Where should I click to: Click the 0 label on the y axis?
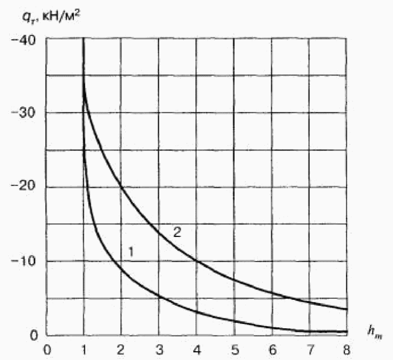click(33, 336)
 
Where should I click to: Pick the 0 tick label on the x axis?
click(48, 350)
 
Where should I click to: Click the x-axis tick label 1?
click(84, 350)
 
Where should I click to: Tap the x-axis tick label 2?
click(120, 350)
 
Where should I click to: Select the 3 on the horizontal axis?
click(159, 350)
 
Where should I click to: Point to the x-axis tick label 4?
click(197, 350)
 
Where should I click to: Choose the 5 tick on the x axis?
click(235, 350)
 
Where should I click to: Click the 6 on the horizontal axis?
click(273, 350)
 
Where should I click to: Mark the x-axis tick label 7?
click(310, 350)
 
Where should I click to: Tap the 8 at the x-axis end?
click(346, 350)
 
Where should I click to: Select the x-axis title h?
click(375, 331)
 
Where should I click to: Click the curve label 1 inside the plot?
click(131, 252)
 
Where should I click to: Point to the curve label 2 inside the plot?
click(177, 232)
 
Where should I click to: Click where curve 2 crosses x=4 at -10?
click(196, 262)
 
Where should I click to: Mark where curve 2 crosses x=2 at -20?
click(121, 187)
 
